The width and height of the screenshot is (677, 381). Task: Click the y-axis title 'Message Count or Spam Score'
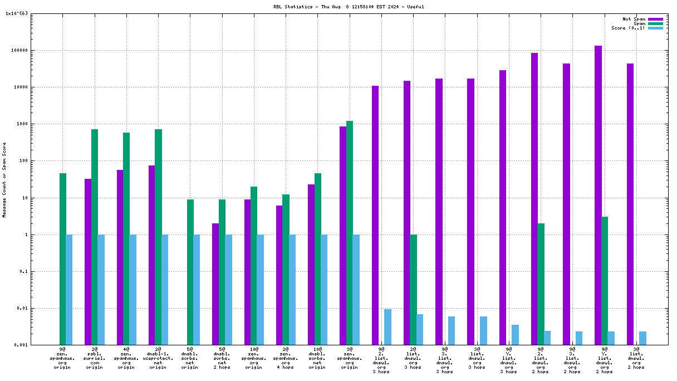[x=4, y=179]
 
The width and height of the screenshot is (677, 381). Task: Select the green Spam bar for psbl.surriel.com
[x=95, y=237]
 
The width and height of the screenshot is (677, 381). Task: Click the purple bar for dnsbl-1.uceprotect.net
[x=152, y=255]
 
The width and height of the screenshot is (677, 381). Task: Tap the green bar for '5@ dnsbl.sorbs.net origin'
[x=190, y=272]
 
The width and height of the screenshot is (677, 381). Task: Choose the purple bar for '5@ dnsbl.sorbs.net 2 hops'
[x=215, y=284]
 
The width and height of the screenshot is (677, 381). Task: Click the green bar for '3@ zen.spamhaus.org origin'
[x=350, y=232]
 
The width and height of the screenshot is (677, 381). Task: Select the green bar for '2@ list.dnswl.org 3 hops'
[x=413, y=289]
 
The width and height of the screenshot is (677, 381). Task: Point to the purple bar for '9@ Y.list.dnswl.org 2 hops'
[x=598, y=195]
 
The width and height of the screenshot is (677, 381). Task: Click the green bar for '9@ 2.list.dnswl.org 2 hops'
[x=541, y=284]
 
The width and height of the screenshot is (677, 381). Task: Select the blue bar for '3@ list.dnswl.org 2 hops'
[x=643, y=338]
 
